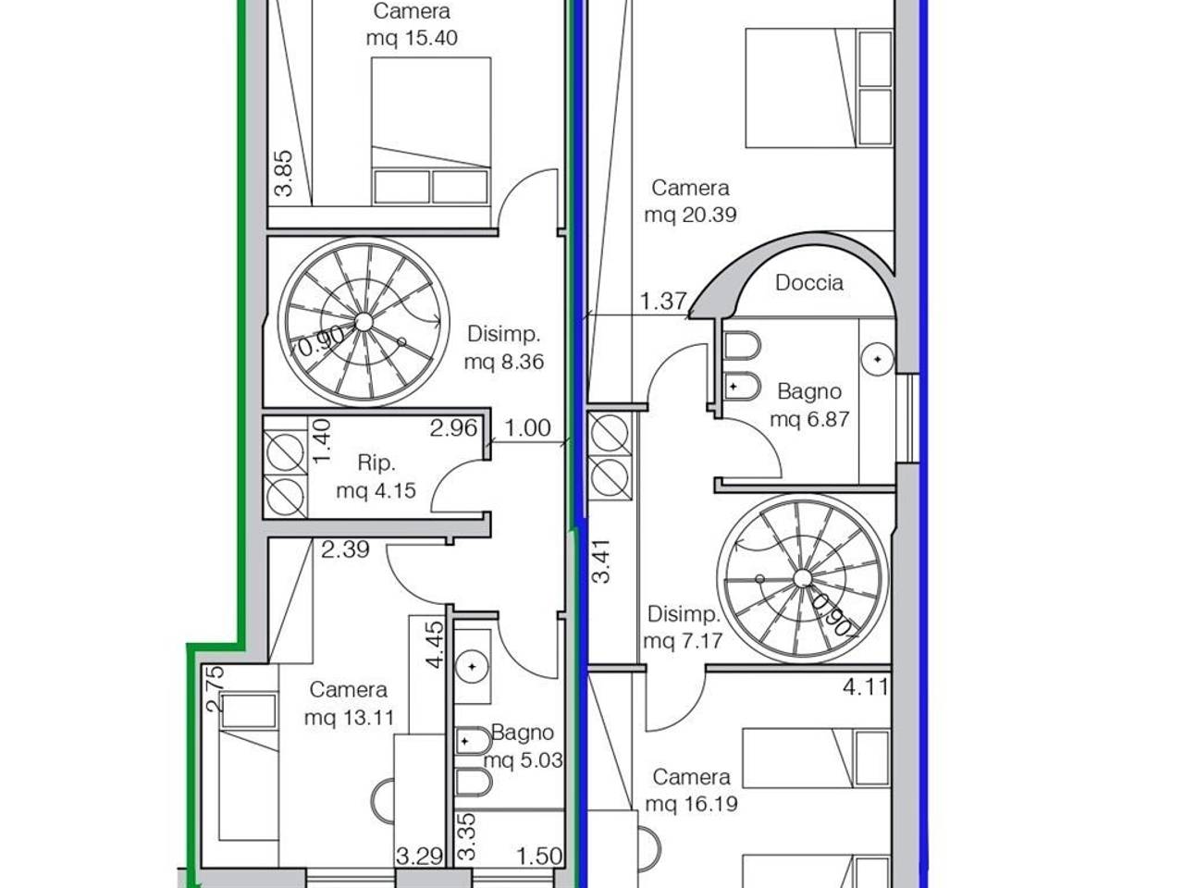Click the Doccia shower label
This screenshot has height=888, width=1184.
coord(809,282)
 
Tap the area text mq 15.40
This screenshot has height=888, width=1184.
coord(412,38)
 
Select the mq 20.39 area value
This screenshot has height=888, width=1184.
coord(690,215)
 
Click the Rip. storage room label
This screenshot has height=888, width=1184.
coord(376,463)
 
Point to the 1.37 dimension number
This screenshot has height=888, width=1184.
coord(663,301)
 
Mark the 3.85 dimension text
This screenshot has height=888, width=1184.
coord(284,173)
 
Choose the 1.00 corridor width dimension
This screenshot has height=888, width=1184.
coord(527,428)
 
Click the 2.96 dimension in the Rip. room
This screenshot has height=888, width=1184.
coord(453,428)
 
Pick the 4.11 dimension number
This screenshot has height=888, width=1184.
coord(865,687)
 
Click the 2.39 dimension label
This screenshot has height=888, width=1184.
coord(345,549)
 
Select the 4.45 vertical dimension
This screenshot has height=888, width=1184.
coord(435,645)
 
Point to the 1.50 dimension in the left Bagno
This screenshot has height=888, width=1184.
coord(539,856)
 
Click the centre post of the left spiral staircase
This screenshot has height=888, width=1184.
coord(364,322)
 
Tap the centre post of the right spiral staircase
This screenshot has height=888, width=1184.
coord(803,578)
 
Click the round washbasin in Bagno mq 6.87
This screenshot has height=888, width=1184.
coord(878,359)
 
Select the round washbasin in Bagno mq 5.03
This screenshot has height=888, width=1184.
coord(473,666)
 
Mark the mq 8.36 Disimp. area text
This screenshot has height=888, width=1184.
coord(504,362)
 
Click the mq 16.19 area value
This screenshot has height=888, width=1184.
coord(691,804)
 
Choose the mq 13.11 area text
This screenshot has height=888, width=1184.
coord(349,718)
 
